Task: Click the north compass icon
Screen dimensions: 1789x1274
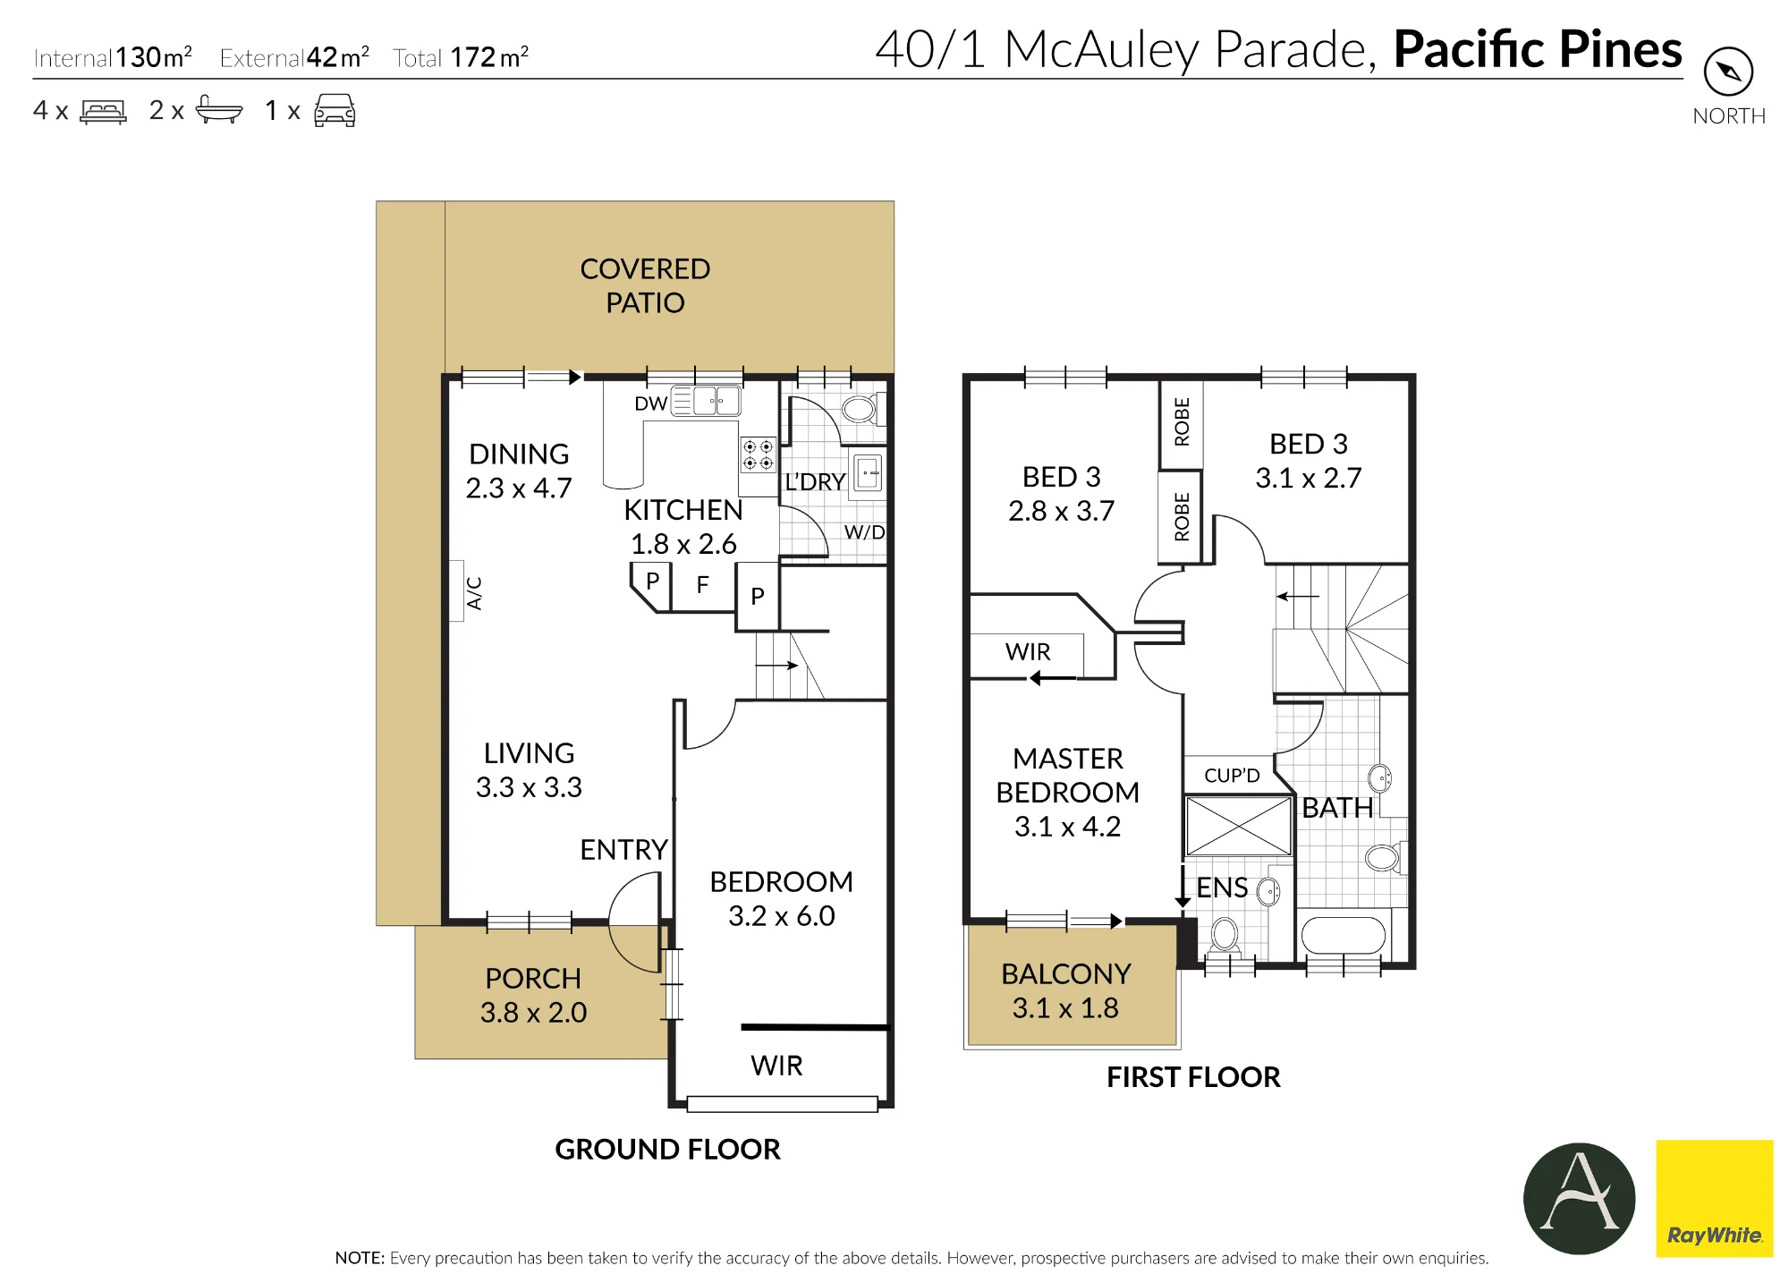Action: (1728, 72)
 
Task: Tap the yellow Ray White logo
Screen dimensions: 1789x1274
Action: (1714, 1198)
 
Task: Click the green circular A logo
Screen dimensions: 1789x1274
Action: (1579, 1198)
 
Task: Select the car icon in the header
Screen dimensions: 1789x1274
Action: (335, 110)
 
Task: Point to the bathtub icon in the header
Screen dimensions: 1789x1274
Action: (218, 109)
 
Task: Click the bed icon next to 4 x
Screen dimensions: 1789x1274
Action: (103, 111)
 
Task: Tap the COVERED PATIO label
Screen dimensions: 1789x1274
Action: (645, 285)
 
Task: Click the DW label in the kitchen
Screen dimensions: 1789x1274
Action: (650, 403)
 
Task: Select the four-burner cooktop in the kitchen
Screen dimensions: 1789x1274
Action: (758, 454)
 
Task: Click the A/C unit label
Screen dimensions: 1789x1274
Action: (474, 593)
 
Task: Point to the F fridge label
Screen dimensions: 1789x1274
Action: (702, 585)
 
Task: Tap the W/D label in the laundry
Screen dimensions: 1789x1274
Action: (864, 532)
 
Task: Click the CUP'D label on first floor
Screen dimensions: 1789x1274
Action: (1232, 776)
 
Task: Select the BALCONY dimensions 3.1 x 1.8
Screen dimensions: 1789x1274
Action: (1065, 1008)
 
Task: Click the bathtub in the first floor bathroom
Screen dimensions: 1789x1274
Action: (1343, 936)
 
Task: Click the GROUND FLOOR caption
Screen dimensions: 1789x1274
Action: (667, 1149)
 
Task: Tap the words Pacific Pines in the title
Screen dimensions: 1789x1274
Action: (1538, 49)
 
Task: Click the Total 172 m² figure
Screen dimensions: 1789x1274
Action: (461, 57)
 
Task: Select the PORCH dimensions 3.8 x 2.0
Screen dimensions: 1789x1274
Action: (533, 1013)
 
